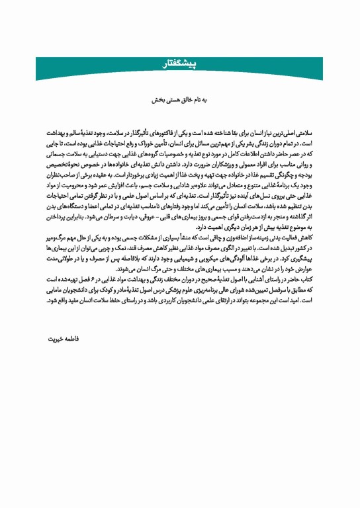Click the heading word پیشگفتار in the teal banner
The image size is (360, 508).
point(180,63)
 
